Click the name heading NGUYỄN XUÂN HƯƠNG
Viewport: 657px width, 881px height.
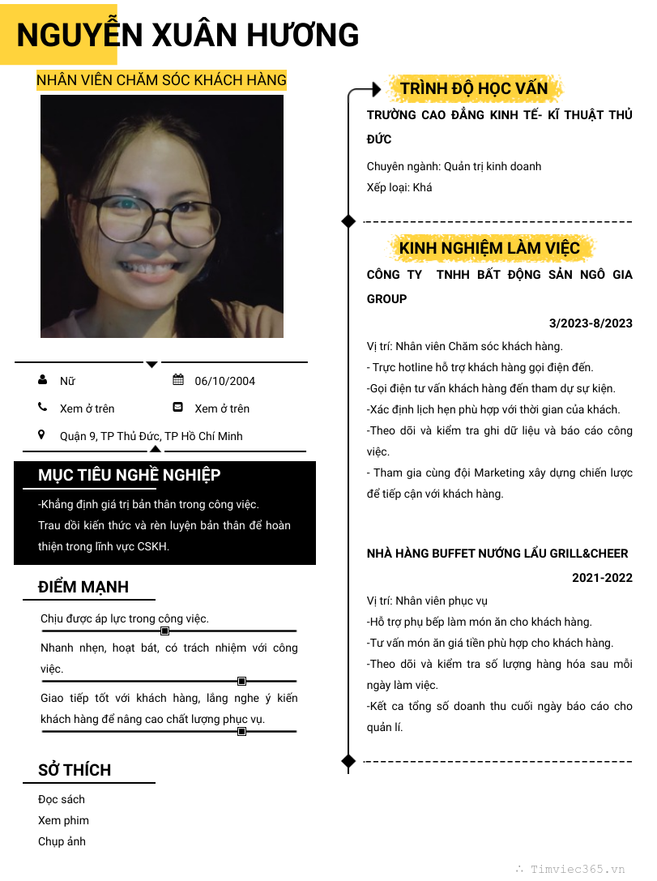tap(188, 36)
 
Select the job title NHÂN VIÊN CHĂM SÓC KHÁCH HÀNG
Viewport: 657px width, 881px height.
tap(161, 79)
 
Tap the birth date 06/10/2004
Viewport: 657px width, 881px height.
tap(225, 381)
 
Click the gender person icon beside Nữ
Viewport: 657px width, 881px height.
tap(42, 380)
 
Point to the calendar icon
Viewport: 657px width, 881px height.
tap(178, 380)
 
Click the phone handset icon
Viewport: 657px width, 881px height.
tap(42, 408)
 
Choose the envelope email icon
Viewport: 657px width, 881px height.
tap(178, 408)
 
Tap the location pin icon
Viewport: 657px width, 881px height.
tap(42, 435)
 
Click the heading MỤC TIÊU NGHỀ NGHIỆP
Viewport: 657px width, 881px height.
tap(130, 475)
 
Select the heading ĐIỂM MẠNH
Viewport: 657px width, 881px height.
tap(83, 587)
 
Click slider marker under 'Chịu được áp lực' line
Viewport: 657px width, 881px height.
tap(164, 631)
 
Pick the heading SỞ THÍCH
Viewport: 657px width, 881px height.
tap(75, 770)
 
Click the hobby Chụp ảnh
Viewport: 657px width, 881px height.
tap(62, 841)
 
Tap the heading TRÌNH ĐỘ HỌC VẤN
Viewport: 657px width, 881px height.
tap(474, 88)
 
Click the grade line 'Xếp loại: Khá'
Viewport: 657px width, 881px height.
tap(399, 187)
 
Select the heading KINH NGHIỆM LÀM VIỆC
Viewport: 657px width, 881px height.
tap(490, 247)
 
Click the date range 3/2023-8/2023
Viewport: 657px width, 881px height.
tap(591, 323)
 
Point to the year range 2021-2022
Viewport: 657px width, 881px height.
tap(602, 578)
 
